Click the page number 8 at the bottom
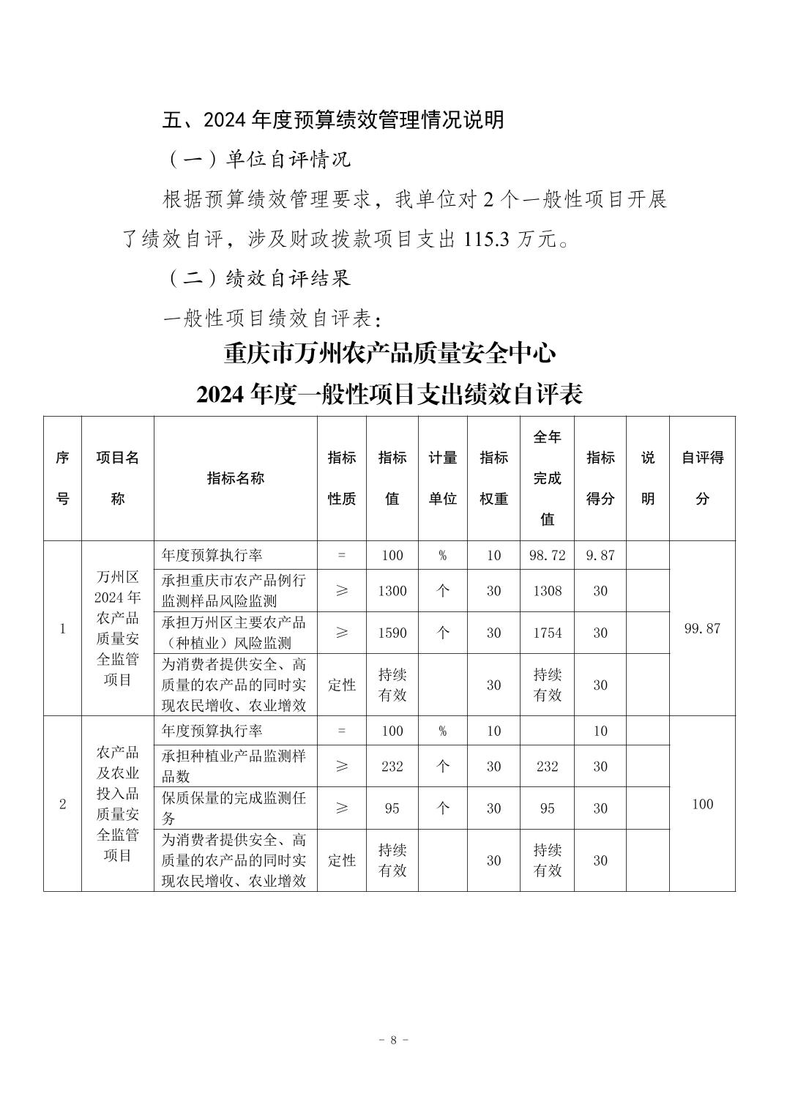click(393, 1040)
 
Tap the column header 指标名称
click(235, 478)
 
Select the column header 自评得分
click(702, 478)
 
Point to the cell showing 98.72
click(547, 555)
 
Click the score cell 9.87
click(600, 555)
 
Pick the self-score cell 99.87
click(702, 628)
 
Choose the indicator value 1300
click(392, 591)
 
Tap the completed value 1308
click(547, 591)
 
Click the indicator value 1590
click(392, 633)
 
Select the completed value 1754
click(547, 633)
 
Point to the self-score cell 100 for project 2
click(702, 804)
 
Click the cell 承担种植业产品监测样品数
click(235, 766)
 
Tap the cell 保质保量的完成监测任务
click(235, 808)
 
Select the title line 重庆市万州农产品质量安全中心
click(389, 354)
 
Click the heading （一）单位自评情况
click(258, 160)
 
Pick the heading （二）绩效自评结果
click(258, 278)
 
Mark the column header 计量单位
click(442, 478)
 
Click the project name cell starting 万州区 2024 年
click(117, 628)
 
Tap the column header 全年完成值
click(547, 478)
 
